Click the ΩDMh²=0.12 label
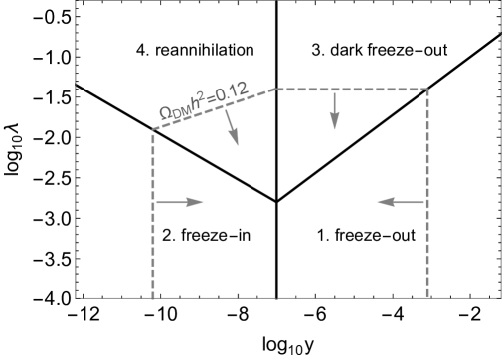[x=203, y=106]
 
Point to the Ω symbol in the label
[x=166, y=116]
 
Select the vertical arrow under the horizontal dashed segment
[x=335, y=109]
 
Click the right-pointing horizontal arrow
[x=180, y=202]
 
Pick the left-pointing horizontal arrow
[x=402, y=202]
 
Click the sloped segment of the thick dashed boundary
[x=214, y=110]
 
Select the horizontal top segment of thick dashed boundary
[x=351, y=90]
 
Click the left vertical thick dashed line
[x=153, y=214]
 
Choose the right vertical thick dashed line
[x=427, y=194]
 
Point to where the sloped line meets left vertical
[x=153, y=131]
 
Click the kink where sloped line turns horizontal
[x=275, y=90]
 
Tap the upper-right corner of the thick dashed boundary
[x=427, y=90]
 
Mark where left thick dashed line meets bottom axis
[x=153, y=296]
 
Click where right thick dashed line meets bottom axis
[x=427, y=296]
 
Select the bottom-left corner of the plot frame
[x=77, y=296]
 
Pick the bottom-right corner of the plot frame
[x=500, y=296]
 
